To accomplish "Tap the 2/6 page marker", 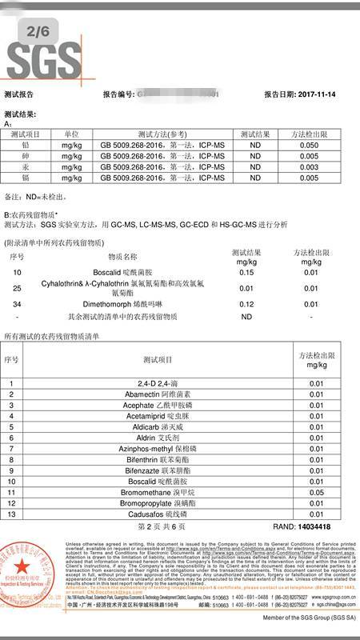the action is [38, 30].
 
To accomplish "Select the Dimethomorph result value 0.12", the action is [246, 304].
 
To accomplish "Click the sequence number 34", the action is [18, 304].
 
